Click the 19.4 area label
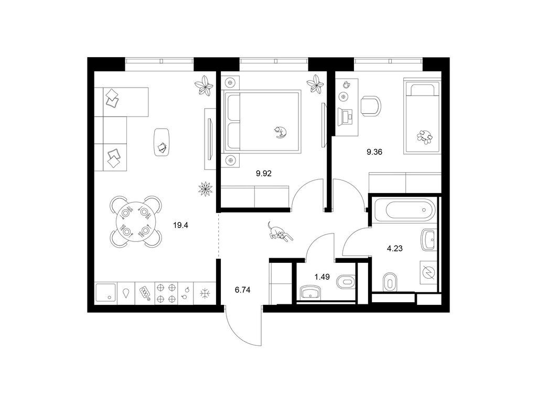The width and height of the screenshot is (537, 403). tap(181, 226)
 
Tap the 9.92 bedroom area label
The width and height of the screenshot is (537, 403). tap(264, 174)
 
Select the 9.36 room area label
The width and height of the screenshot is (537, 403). tap(374, 152)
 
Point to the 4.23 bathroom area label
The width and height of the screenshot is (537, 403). tap(394, 248)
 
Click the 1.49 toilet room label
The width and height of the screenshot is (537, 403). tap(323, 277)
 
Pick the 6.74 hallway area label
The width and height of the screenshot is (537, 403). tap(242, 290)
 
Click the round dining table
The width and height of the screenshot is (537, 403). tap(136, 221)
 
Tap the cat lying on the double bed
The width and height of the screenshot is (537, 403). tap(280, 132)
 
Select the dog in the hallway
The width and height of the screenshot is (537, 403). tap(280, 232)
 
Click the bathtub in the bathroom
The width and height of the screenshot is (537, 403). tap(405, 210)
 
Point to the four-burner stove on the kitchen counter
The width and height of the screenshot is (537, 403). tap(166, 293)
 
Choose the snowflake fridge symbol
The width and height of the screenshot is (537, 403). tap(205, 293)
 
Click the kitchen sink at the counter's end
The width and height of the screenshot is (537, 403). tap(105, 293)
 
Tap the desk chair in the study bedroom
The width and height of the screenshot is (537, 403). tap(371, 105)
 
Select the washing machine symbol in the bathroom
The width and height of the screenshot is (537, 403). tap(428, 272)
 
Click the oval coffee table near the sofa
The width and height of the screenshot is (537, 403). tap(162, 142)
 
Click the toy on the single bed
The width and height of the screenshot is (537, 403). tap(424, 136)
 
